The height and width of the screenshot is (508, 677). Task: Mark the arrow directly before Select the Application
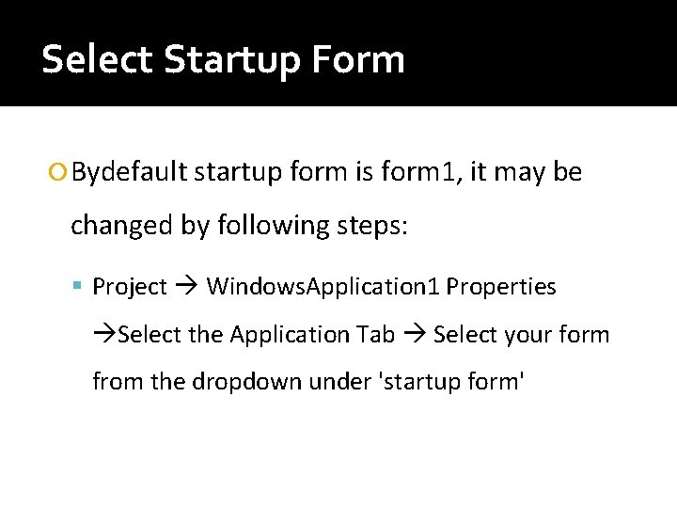pyautogui.click(x=105, y=335)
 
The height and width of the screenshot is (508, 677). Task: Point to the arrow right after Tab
pyautogui.click(x=414, y=335)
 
